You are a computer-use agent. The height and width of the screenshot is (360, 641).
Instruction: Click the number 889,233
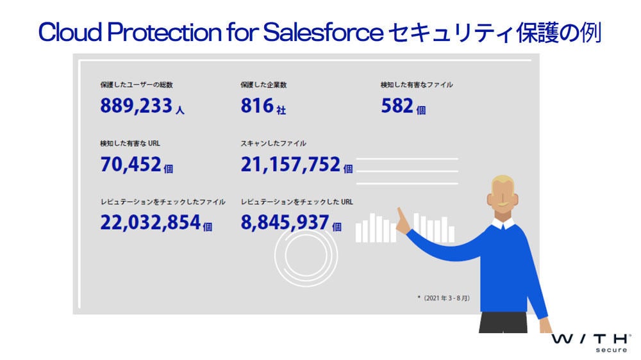136,106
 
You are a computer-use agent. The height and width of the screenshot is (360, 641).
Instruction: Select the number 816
257,106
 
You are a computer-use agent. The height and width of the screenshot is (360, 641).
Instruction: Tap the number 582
397,106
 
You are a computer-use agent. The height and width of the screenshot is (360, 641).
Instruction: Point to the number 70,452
130,164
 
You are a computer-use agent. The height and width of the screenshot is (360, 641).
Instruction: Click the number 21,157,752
290,164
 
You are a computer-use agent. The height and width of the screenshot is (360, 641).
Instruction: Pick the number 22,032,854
151,223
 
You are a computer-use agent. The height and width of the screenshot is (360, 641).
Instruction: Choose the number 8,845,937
285,223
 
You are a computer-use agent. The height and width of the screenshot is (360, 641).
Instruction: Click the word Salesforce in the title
323,32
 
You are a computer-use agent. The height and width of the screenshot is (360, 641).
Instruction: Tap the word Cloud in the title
70,32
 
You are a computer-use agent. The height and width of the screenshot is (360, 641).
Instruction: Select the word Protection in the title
164,32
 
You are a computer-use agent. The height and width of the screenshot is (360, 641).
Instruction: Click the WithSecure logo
591,343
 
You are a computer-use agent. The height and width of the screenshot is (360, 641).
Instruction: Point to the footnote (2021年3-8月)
444,298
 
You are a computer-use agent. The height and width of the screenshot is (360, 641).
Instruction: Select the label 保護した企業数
263,85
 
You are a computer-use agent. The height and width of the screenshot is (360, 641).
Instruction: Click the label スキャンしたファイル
274,143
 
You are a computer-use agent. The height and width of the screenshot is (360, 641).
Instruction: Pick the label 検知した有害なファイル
417,85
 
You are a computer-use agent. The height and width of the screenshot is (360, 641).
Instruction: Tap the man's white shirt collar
503,224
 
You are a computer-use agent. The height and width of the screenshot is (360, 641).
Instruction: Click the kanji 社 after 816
281,110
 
